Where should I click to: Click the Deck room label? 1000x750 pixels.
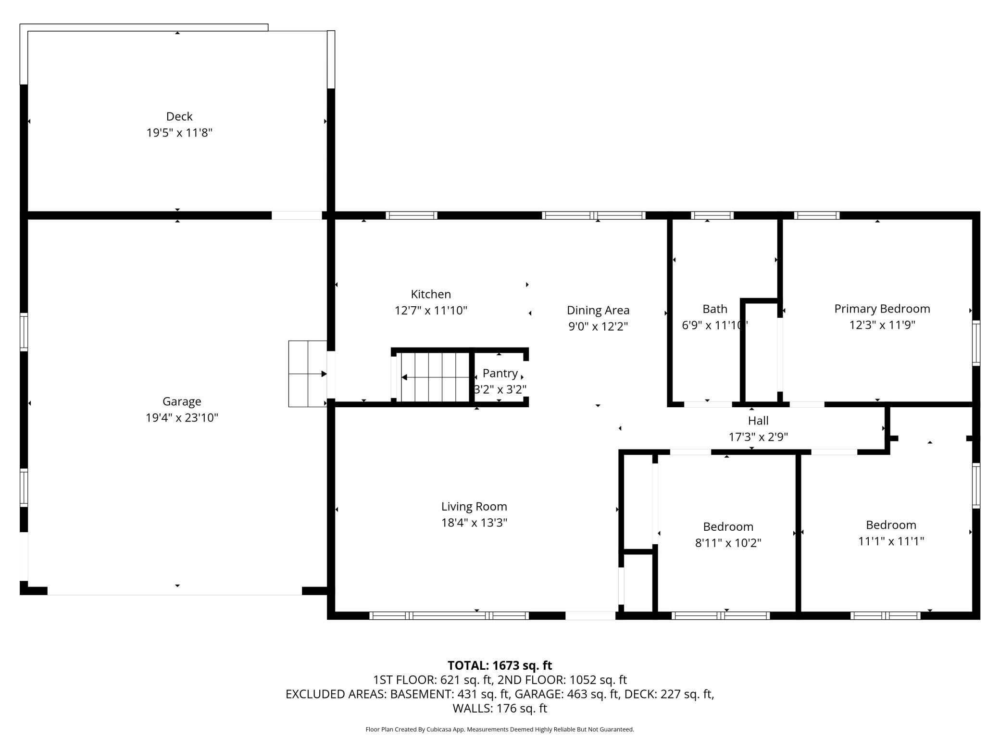(x=179, y=116)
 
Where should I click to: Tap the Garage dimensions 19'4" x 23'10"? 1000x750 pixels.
(x=182, y=418)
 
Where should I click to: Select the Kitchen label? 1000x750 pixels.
(x=431, y=294)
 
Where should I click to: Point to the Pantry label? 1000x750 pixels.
(x=500, y=373)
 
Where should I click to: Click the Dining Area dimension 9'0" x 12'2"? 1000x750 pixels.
(x=598, y=326)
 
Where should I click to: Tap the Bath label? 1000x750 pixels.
(x=715, y=309)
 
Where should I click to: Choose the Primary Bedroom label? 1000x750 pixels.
(x=882, y=309)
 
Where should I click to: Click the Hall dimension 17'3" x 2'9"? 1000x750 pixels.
(x=758, y=437)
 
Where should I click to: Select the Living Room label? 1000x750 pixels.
(x=474, y=506)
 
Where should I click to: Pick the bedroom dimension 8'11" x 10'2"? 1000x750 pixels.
(x=728, y=543)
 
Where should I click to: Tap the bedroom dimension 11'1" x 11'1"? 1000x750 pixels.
(x=891, y=541)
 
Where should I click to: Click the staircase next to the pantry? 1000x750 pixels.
(x=432, y=377)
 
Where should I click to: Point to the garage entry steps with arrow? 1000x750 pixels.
(x=308, y=374)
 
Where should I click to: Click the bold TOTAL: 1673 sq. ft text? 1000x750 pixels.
(x=500, y=665)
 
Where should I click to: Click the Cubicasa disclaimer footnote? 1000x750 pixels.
(x=500, y=729)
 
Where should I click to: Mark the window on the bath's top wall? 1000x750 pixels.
(x=712, y=215)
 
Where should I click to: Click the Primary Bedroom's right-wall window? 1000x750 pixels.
(x=976, y=343)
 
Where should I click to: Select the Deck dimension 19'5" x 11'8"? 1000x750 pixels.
(x=179, y=133)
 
